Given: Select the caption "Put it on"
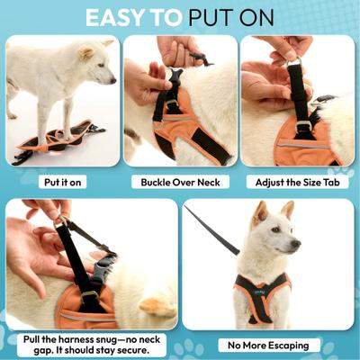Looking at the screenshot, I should pos(62,181).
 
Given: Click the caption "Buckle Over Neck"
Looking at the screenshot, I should pos(180,181).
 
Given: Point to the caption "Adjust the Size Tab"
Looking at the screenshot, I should pos(297,181).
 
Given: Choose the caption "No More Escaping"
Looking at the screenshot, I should pos(268,345).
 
